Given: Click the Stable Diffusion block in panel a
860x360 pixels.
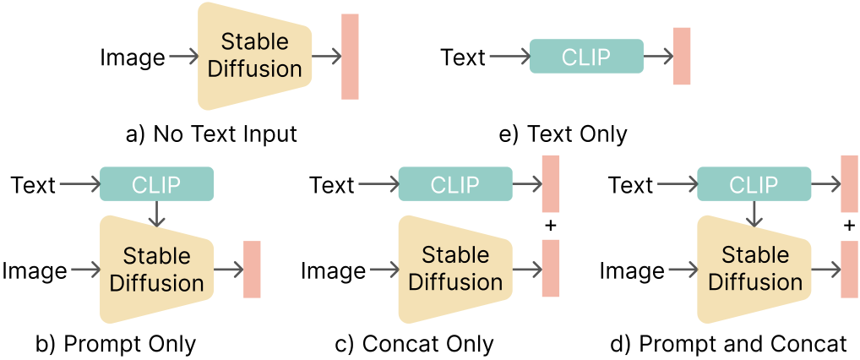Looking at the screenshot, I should [x=254, y=56].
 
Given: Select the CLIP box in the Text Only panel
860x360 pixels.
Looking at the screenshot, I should [x=586, y=57].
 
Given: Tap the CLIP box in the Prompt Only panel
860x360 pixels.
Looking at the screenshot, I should [x=156, y=184].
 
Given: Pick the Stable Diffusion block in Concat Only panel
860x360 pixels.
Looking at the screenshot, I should [x=455, y=269].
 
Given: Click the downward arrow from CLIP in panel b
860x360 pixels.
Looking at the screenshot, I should [x=156, y=215].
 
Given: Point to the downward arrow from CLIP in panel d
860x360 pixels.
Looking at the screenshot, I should [x=754, y=215].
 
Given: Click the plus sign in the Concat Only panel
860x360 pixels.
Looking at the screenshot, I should [x=552, y=226].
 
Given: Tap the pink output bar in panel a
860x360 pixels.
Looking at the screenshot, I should [x=350, y=57].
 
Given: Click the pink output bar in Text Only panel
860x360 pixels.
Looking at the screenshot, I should [x=682, y=56].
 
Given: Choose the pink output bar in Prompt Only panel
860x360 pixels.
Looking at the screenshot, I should [x=252, y=269].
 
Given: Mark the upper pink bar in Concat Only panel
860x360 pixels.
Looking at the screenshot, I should [x=552, y=184].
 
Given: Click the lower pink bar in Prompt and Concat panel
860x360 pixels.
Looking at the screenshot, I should [x=850, y=269].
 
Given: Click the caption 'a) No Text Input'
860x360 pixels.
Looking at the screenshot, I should [x=211, y=134].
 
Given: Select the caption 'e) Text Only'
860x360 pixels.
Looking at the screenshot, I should [x=565, y=134].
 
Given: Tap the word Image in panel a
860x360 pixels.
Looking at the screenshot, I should [x=133, y=57].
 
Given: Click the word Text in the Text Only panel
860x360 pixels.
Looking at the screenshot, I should [x=463, y=57].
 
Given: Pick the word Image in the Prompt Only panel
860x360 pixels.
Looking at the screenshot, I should [x=35, y=270].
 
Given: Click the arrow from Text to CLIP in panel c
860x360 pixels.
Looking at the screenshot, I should [x=375, y=184].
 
